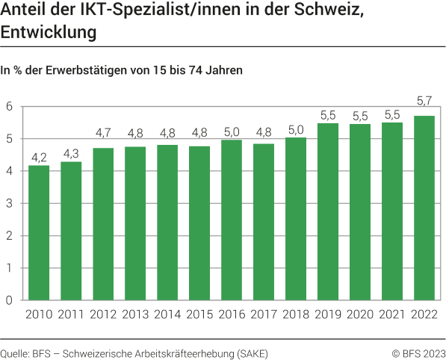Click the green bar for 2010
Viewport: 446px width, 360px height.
pos(38,232)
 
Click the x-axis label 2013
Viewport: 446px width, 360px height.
pos(135,314)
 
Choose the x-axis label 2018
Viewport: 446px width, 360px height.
pos(296,314)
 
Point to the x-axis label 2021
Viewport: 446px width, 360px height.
pos(392,314)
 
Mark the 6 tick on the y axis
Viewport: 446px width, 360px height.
pos(10,107)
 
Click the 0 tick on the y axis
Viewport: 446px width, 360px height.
pos(10,300)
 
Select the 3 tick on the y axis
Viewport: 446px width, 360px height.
pos(10,204)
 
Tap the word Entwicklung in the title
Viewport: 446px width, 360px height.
pos(49,34)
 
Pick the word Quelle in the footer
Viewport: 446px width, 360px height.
pos(14,352)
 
